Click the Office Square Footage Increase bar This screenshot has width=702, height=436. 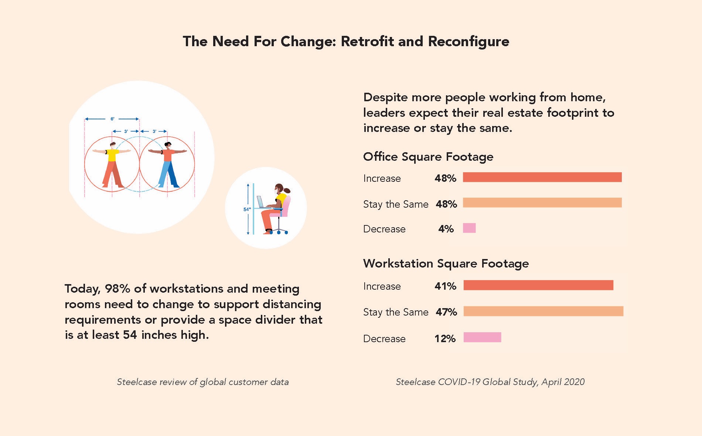[x=542, y=177]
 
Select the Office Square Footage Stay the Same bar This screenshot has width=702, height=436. [x=542, y=202]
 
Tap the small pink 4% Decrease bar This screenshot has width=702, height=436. [x=469, y=228]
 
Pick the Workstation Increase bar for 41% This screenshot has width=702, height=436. [x=538, y=285]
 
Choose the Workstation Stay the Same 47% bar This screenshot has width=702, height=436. [x=543, y=311]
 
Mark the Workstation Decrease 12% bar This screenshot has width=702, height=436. [x=482, y=337]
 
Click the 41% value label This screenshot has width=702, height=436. [x=445, y=286]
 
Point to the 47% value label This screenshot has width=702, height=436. [x=446, y=312]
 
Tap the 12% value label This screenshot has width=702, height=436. [x=445, y=339]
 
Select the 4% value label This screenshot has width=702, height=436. [x=446, y=229]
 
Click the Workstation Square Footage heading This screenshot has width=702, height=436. [x=446, y=264]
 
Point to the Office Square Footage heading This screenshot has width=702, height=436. [x=428, y=157]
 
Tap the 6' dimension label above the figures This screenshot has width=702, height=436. [x=112, y=119]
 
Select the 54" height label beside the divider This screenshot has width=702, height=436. [x=247, y=210]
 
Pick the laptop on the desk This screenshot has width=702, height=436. [x=260, y=202]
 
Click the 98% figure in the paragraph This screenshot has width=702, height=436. [x=117, y=289]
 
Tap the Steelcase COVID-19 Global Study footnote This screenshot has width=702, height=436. [x=490, y=382]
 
